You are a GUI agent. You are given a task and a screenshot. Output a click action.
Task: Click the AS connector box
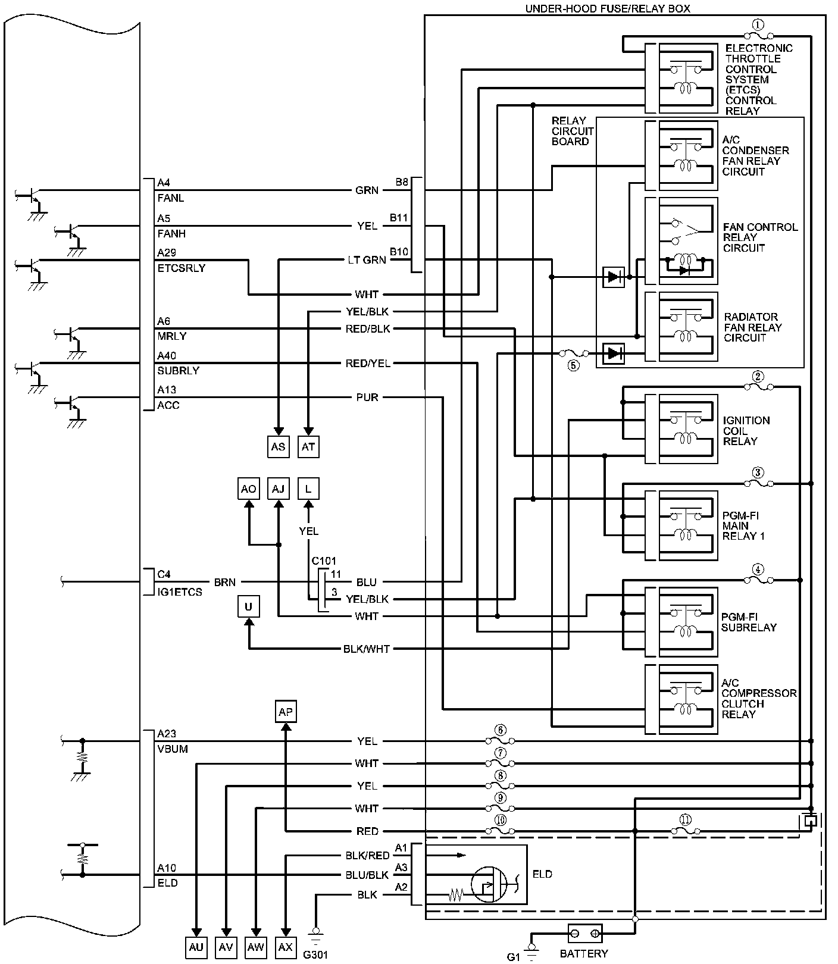278,446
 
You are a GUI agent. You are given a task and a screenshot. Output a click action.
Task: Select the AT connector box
308,446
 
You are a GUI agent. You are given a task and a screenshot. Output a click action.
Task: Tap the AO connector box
248,489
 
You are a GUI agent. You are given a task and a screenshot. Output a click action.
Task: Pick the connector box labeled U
248,606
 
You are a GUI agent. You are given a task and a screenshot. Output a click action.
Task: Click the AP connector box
286,712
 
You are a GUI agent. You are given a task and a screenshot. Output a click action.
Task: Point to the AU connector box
196,947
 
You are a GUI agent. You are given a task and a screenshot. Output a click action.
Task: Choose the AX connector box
286,947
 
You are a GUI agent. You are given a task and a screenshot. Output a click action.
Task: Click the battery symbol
584,933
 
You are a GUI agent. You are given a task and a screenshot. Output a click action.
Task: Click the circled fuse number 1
757,25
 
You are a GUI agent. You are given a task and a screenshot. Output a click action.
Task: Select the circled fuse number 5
573,366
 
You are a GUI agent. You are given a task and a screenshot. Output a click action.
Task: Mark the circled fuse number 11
685,820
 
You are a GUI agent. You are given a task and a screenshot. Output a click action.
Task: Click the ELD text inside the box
542,874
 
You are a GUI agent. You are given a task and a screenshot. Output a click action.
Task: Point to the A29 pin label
167,253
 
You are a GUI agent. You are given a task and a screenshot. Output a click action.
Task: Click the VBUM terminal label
173,749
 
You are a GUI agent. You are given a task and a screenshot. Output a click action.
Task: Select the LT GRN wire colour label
367,260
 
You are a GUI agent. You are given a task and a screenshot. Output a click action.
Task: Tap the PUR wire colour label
367,397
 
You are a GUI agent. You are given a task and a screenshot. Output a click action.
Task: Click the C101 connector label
324,561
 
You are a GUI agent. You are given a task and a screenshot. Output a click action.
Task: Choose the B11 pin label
399,218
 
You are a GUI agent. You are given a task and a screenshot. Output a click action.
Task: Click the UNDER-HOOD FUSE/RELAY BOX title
607,9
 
